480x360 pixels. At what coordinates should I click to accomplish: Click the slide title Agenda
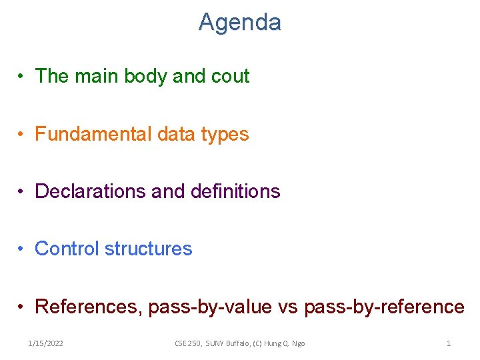pyautogui.click(x=239, y=23)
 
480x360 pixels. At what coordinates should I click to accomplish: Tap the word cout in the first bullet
pyautogui.click(x=230, y=76)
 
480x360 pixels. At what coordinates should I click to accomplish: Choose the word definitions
pyautogui.click(x=235, y=191)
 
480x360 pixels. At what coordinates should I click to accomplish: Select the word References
pyautogui.click(x=87, y=307)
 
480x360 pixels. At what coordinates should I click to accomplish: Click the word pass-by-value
pyautogui.click(x=210, y=307)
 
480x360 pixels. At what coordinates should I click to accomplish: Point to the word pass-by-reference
pyautogui.click(x=384, y=307)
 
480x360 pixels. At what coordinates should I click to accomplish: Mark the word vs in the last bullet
pyautogui.click(x=287, y=307)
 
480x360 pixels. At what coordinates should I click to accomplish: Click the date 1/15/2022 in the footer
pyautogui.click(x=46, y=343)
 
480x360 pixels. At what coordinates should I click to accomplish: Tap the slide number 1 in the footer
pyautogui.click(x=449, y=343)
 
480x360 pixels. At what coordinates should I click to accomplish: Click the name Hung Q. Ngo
pyautogui.click(x=285, y=343)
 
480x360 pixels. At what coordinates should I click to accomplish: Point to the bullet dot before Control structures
pyautogui.click(x=22, y=249)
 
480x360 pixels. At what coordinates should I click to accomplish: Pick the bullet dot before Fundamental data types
pyautogui.click(x=22, y=135)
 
